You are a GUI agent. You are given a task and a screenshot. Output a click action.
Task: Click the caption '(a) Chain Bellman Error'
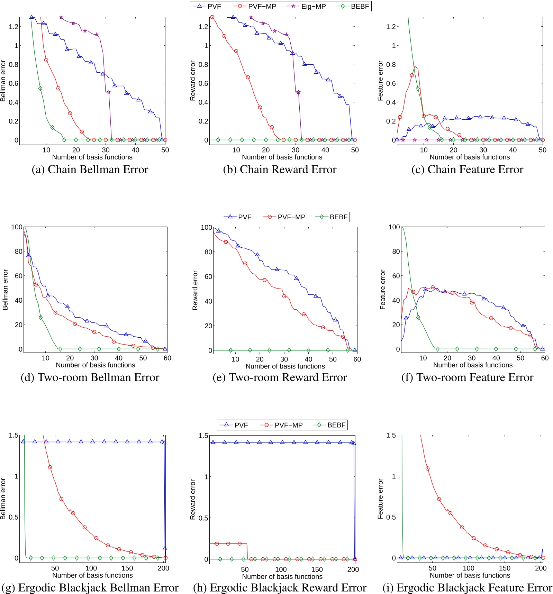click(x=90, y=170)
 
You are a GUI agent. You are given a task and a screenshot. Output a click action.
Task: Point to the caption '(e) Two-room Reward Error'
click(x=280, y=377)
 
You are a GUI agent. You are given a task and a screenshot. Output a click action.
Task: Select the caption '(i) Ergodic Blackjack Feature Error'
click(x=467, y=588)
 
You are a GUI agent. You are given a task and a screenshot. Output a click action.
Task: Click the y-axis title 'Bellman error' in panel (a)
click(x=3, y=81)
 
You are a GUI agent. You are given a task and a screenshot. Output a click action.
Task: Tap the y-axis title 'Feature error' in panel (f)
click(x=382, y=290)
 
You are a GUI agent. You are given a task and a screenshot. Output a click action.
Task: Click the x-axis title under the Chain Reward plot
click(x=282, y=157)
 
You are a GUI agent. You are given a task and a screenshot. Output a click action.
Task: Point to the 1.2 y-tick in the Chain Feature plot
click(x=391, y=27)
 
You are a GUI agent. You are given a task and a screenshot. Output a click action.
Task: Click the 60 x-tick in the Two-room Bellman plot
click(x=167, y=358)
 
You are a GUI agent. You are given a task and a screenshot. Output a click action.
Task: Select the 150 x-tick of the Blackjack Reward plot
click(x=317, y=569)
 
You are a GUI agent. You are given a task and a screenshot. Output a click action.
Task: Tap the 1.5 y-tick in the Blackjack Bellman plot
click(x=13, y=435)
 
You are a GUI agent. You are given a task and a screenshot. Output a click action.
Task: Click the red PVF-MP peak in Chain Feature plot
click(x=415, y=66)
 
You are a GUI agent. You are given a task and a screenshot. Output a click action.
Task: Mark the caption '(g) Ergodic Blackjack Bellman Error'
click(x=90, y=588)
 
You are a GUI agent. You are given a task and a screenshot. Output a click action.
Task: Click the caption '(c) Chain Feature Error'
click(x=467, y=170)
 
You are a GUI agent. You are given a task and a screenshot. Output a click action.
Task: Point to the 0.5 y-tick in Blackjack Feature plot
click(x=391, y=517)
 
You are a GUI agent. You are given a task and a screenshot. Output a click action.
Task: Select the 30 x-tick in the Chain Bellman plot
click(x=106, y=150)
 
